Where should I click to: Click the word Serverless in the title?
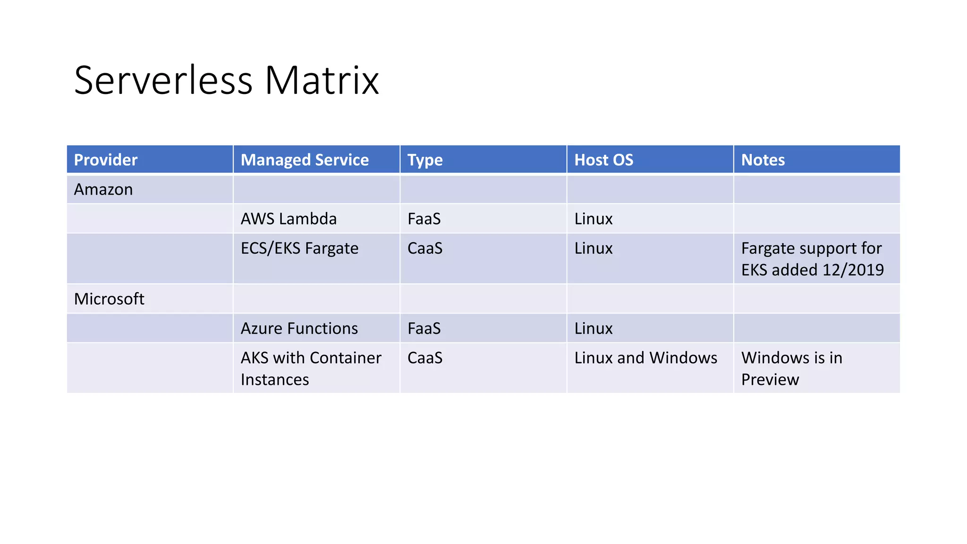pyautogui.click(x=163, y=81)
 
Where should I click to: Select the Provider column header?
pyautogui.click(x=106, y=160)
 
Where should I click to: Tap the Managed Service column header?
pyautogui.click(x=305, y=160)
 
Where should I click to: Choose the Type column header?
pyautogui.click(x=425, y=160)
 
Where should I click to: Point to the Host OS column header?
pyautogui.click(x=603, y=160)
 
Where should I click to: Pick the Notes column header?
pyautogui.click(x=763, y=160)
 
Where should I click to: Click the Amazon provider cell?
pyautogui.click(x=103, y=189)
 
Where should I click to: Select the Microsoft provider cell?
pyautogui.click(x=109, y=299)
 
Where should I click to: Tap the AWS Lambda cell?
pyautogui.click(x=288, y=219)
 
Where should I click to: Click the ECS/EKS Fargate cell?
pyautogui.click(x=299, y=248)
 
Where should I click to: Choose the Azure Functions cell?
pyautogui.click(x=299, y=329)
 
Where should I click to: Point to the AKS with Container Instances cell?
pyautogui.click(x=310, y=368)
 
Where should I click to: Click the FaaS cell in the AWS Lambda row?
pyautogui.click(x=424, y=219)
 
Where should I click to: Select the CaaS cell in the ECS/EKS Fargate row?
pyautogui.click(x=425, y=248)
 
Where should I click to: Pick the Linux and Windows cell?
pyautogui.click(x=645, y=358)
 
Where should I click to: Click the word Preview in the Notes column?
pyautogui.click(x=770, y=380)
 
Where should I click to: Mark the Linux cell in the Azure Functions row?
pyautogui.click(x=593, y=329)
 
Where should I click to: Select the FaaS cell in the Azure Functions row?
pyautogui.click(x=424, y=329)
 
